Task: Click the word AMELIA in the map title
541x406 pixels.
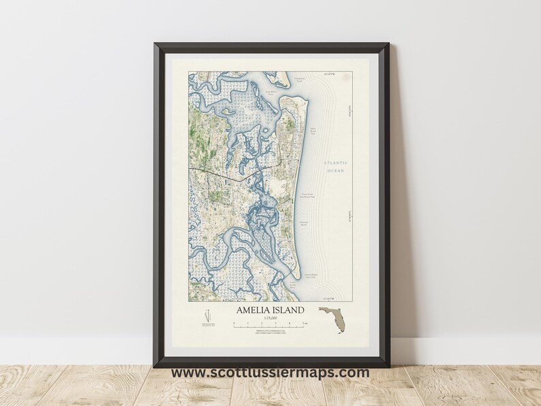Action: pos(253,310)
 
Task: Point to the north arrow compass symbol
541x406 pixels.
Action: pos(207,317)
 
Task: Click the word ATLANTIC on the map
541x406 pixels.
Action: pos(336,163)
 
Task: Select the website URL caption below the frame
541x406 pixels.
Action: pos(270,373)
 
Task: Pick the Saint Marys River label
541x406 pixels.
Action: pos(253,90)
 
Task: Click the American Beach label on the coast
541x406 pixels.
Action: pos(305,222)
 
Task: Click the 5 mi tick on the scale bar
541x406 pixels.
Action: pos(305,326)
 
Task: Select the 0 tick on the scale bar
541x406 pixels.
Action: pos(234,326)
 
